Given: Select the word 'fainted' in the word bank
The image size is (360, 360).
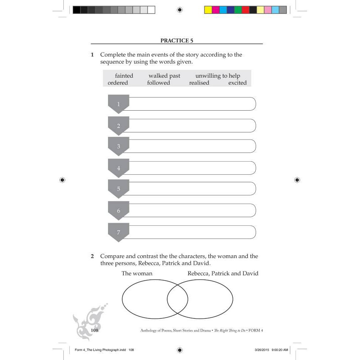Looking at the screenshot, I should (x=124, y=76).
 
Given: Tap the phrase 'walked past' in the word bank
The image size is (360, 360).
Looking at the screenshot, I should (x=164, y=76).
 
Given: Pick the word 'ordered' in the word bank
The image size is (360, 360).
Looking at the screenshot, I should (x=118, y=83).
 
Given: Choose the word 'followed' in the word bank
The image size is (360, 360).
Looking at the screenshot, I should (x=158, y=83).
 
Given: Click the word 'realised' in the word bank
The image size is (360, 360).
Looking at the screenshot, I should (x=199, y=83).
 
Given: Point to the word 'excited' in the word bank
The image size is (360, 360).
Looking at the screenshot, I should (x=237, y=83).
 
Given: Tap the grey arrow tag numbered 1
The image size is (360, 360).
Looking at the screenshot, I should (x=118, y=104).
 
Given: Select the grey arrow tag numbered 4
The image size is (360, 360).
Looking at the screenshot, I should (x=118, y=168).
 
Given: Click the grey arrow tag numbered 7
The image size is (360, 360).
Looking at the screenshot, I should (x=118, y=232).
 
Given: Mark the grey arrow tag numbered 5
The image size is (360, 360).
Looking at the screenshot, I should (x=118, y=189).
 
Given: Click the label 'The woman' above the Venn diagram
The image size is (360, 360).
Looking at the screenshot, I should (x=137, y=273).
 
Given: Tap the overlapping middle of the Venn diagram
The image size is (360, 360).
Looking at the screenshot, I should (x=177, y=299).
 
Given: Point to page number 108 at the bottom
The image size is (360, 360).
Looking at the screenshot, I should (x=94, y=330).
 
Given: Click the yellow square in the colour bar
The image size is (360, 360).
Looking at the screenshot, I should (x=208, y=10).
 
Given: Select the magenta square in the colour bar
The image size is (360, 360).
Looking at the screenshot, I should (x=216, y=10).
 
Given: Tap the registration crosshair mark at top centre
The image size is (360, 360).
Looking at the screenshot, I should (x=180, y=10).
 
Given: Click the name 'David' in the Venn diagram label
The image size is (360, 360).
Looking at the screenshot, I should (x=250, y=273).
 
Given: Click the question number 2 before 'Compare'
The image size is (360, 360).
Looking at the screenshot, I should (x=92, y=256).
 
